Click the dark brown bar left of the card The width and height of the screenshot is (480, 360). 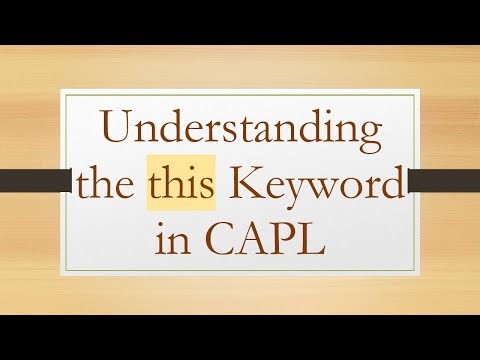30,181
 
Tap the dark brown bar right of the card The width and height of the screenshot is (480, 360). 447,181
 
